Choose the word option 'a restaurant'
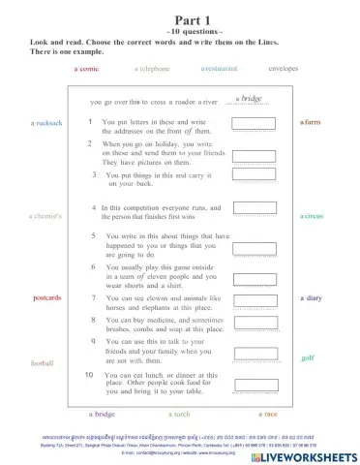(221, 70)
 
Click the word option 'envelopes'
(283, 70)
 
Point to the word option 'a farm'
(310, 123)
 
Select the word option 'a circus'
(312, 216)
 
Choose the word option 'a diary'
(311, 298)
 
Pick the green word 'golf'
(308, 357)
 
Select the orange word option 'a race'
(268, 414)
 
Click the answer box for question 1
(254, 125)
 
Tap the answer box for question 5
(254, 242)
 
